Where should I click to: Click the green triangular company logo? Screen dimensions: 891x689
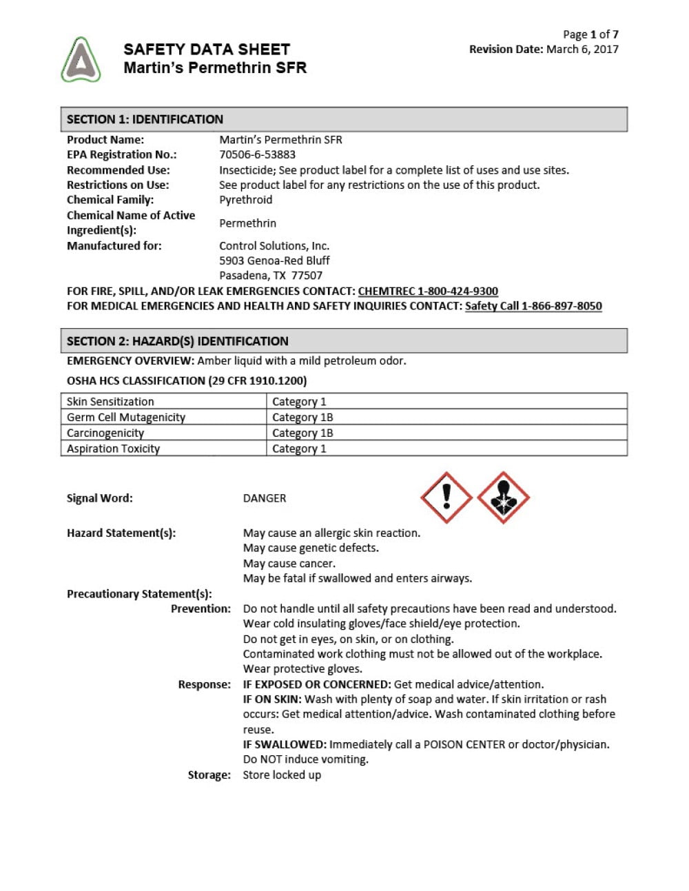81,61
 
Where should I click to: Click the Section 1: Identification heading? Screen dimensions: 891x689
145,119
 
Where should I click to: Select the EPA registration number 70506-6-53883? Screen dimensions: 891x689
257,154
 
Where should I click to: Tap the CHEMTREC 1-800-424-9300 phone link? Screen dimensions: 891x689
428,291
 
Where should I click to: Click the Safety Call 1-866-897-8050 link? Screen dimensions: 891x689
533,306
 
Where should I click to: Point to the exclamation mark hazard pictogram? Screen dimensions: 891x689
446,497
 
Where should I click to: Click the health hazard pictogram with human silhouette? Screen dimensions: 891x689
503,498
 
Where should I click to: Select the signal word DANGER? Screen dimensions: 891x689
265,498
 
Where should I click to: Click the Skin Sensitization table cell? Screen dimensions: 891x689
110,402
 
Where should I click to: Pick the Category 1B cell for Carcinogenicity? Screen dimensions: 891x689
302,433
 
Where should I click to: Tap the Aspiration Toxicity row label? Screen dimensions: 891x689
113,449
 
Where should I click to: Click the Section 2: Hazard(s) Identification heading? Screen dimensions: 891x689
177,341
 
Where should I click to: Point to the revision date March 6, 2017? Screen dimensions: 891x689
582,49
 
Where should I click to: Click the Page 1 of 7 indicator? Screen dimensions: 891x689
590,34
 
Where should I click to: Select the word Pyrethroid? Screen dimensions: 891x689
245,200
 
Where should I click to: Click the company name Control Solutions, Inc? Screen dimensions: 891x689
274,246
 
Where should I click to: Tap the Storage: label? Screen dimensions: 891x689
209,775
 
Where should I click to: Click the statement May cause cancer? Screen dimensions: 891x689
289,563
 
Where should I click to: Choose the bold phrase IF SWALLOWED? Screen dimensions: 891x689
285,744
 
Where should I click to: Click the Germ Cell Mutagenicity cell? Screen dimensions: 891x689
126,418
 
